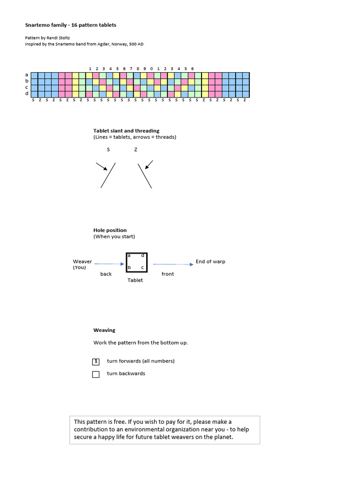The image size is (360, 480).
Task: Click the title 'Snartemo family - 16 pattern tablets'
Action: click(71, 25)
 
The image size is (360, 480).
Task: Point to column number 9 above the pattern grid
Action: click(144, 68)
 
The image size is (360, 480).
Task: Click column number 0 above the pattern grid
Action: click(151, 68)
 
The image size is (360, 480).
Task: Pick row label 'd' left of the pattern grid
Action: click(27, 94)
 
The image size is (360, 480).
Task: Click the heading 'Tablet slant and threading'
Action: click(126, 131)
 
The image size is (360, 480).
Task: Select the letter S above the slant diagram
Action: click(108, 150)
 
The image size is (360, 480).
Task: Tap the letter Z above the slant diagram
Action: click(135, 150)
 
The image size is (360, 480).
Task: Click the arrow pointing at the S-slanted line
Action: click(102, 166)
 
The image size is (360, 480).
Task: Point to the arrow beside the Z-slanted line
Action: click(149, 164)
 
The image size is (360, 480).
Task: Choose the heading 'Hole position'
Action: click(110, 230)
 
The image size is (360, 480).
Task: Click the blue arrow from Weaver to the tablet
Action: click(109, 264)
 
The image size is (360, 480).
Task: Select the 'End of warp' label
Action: click(210, 262)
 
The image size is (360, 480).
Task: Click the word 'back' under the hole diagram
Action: click(106, 274)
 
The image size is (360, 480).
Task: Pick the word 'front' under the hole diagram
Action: click(167, 274)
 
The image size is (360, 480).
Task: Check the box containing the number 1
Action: click(96, 361)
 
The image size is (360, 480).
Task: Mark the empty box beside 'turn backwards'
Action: click(96, 374)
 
